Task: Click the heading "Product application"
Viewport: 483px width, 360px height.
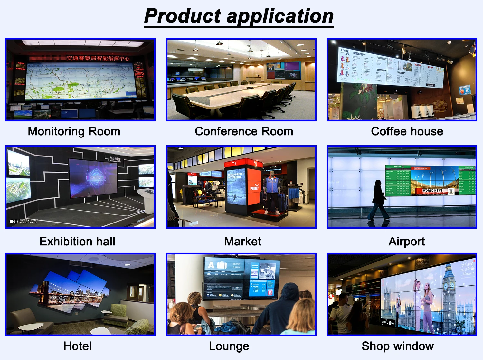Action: pyautogui.click(x=239, y=16)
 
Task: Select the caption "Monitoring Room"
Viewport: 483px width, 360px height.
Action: pyautogui.click(x=74, y=131)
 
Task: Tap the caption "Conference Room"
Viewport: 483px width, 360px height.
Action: pyautogui.click(x=244, y=131)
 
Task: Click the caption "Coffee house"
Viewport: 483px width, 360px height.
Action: pyautogui.click(x=407, y=131)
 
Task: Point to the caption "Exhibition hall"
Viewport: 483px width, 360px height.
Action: pyautogui.click(x=77, y=242)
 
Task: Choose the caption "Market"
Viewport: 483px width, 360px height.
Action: pyautogui.click(x=243, y=242)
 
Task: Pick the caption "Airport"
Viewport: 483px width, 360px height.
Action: pyautogui.click(x=407, y=242)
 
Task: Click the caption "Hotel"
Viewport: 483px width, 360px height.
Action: pyautogui.click(x=78, y=346)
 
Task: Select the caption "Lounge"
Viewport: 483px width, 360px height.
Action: pyautogui.click(x=229, y=346)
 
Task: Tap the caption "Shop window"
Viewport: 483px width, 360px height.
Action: pyautogui.click(x=398, y=346)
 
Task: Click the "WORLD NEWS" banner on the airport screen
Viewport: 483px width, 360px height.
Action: pyautogui.click(x=433, y=190)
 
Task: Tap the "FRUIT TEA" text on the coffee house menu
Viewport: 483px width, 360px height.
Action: pyautogui.click(x=345, y=52)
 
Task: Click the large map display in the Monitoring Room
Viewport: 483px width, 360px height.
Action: pyautogui.click(x=80, y=81)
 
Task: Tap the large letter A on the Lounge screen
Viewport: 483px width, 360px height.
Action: pyautogui.click(x=211, y=265)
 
